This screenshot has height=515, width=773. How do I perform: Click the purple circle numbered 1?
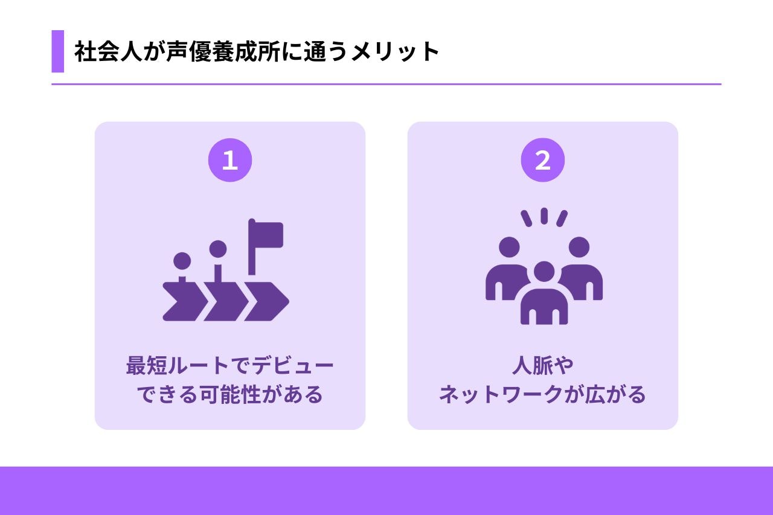coord(230,160)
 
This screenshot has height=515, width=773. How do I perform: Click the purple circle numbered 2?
coord(542,160)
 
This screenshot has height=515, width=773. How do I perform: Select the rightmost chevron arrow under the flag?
coord(267,301)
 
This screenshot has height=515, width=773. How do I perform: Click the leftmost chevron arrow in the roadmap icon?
coord(185,301)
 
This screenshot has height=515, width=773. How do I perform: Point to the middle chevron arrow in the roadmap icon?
coord(226,301)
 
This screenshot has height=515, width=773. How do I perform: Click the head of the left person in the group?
coord(509,247)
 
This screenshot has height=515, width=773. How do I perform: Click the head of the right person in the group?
coord(579,247)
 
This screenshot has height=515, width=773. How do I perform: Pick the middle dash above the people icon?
coord(544,216)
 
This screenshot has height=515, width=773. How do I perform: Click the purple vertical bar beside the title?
coord(57,51)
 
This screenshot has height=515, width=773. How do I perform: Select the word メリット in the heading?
coord(395,52)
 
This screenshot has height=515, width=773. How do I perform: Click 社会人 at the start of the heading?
coord(108,51)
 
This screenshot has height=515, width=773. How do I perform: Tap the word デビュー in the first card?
coord(293,366)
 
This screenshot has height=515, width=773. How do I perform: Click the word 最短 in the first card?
coord(147,366)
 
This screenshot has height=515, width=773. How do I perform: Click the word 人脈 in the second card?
coord(532,366)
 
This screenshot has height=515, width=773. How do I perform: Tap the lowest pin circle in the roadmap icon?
coord(182,261)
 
